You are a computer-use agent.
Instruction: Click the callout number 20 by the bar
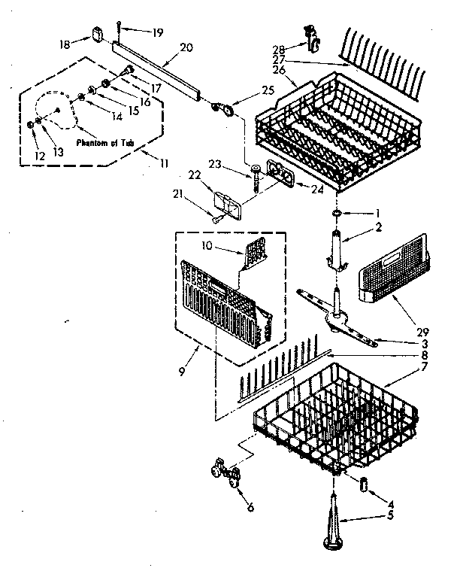tap(186, 47)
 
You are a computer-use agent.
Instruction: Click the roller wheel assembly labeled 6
tap(225, 474)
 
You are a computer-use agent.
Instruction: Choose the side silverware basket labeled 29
tap(395, 277)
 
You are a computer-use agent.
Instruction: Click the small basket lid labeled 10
tap(255, 250)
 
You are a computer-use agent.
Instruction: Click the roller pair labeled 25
tap(223, 111)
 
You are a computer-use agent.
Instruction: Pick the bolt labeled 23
tap(257, 178)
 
